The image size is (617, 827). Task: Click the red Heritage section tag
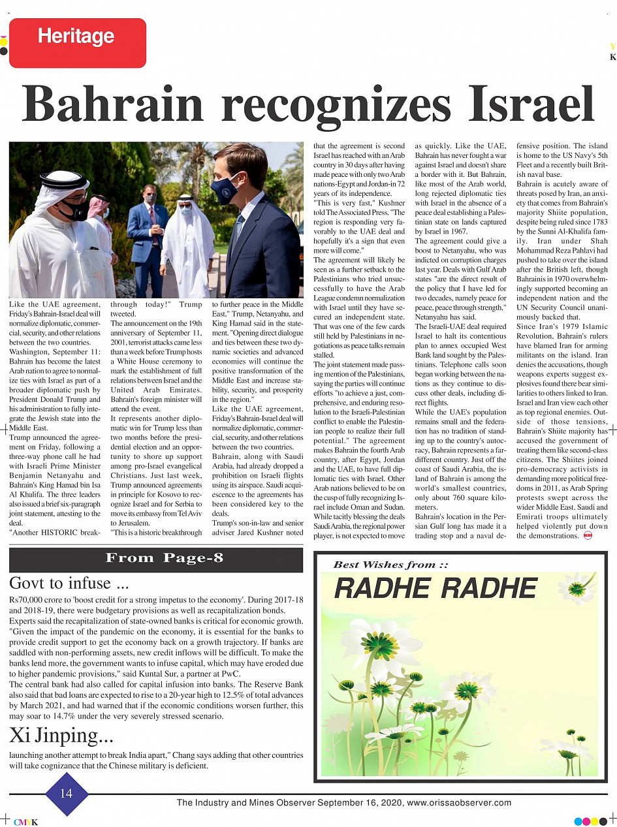pyautogui.click(x=78, y=42)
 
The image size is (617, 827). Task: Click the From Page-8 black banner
pyautogui.click(x=156, y=559)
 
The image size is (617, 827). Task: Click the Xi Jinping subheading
pyautogui.click(x=61, y=736)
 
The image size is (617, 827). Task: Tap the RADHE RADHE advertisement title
pyautogui.click(x=435, y=589)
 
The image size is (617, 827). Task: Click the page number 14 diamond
pyautogui.click(x=67, y=794)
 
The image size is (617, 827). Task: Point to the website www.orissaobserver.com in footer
pyautogui.click(x=459, y=803)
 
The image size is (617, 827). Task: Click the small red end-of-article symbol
pyautogui.click(x=588, y=536)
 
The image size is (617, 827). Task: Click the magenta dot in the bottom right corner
pyautogui.click(x=586, y=821)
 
